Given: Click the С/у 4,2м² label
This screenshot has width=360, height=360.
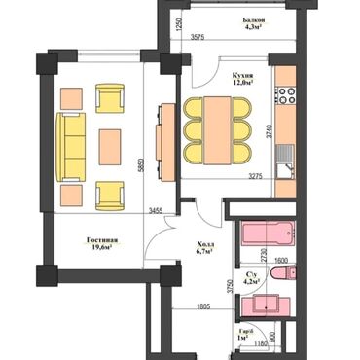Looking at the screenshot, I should (251, 280).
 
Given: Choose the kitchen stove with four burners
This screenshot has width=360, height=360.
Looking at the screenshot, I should (285, 94).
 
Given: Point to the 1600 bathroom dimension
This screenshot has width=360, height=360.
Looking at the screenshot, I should (280, 261).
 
